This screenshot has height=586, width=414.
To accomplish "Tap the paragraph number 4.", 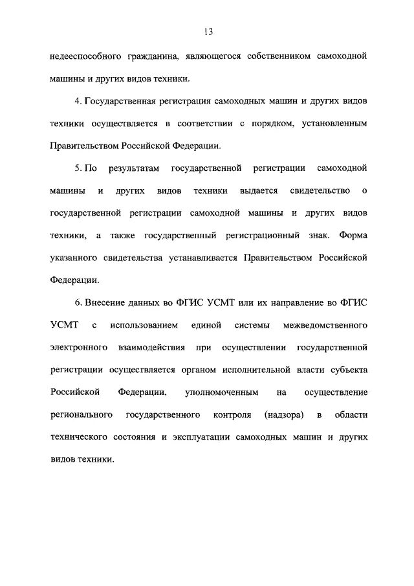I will (x=77, y=101).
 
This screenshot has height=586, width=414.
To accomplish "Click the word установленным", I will (x=332, y=124).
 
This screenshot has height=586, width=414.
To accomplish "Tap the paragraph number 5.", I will (x=77, y=168).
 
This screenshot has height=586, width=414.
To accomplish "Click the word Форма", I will (x=353, y=236).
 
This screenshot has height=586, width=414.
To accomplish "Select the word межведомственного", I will (x=327, y=325).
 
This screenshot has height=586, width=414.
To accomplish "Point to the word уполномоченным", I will (x=222, y=392).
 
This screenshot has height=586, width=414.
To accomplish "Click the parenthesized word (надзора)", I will (x=283, y=415).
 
